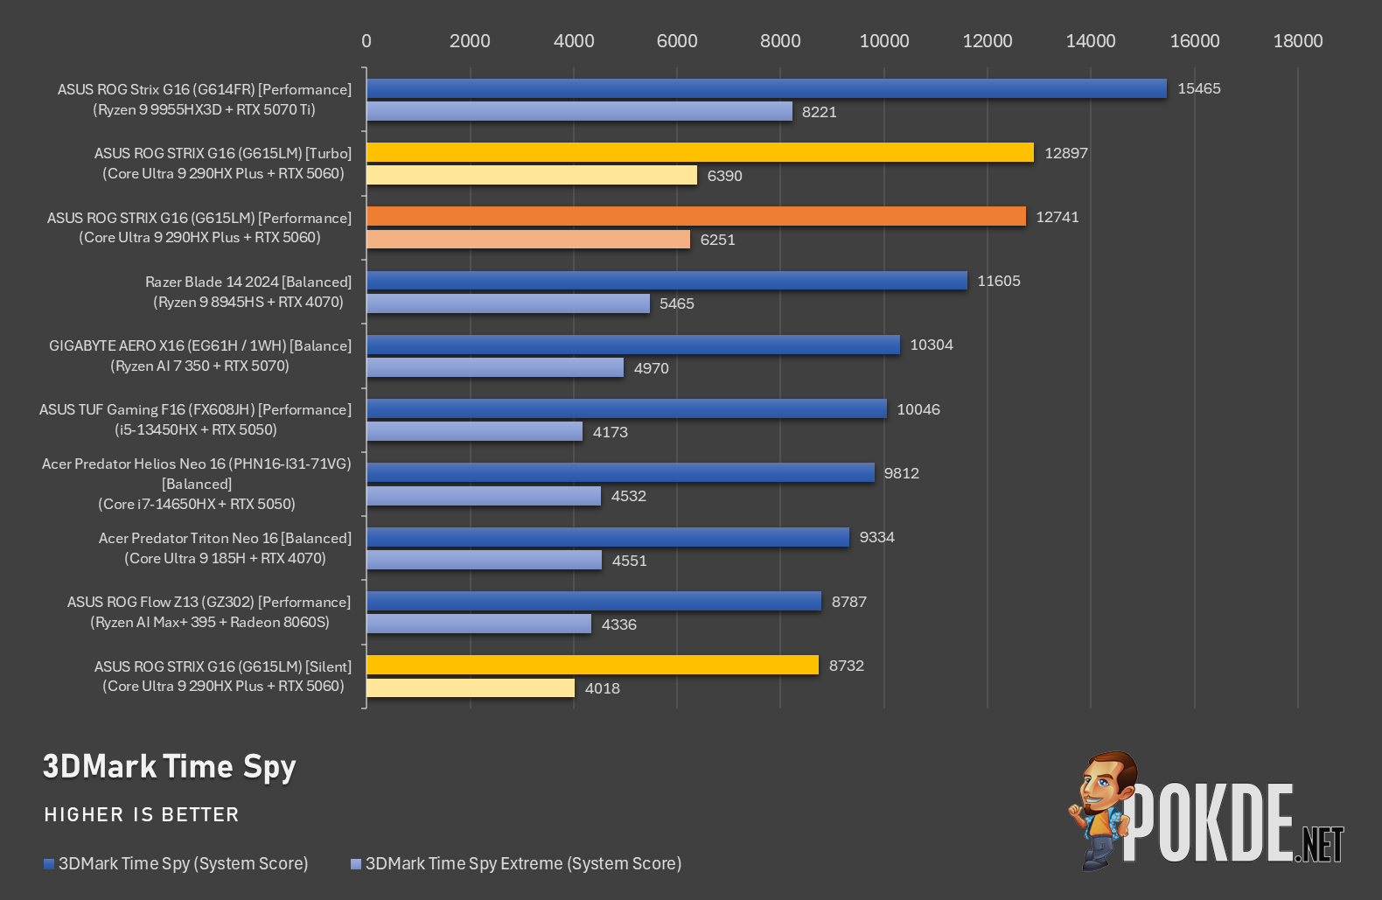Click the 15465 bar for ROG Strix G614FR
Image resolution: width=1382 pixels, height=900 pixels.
(766, 88)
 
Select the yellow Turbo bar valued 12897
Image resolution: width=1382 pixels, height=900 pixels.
(701, 152)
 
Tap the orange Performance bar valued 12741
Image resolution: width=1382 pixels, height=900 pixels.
(696, 217)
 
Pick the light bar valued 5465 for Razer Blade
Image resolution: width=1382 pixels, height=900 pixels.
(508, 303)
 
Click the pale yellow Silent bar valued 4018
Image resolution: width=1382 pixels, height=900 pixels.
(470, 687)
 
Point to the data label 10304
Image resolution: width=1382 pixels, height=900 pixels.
(932, 345)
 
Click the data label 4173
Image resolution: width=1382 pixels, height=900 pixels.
(611, 432)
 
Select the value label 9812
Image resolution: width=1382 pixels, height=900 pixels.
(902, 473)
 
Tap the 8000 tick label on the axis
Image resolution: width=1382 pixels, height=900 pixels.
(780, 41)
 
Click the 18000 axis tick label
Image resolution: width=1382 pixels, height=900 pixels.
(1298, 41)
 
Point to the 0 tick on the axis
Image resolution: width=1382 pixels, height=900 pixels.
(366, 41)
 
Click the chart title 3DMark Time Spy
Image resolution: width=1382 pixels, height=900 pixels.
(170, 767)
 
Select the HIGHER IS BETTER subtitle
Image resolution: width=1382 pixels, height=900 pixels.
(142, 814)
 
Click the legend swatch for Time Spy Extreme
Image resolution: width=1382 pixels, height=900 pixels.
(355, 864)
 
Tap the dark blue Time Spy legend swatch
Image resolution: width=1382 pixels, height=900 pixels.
(49, 864)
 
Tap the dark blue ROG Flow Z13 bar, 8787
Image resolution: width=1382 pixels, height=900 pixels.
(594, 601)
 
